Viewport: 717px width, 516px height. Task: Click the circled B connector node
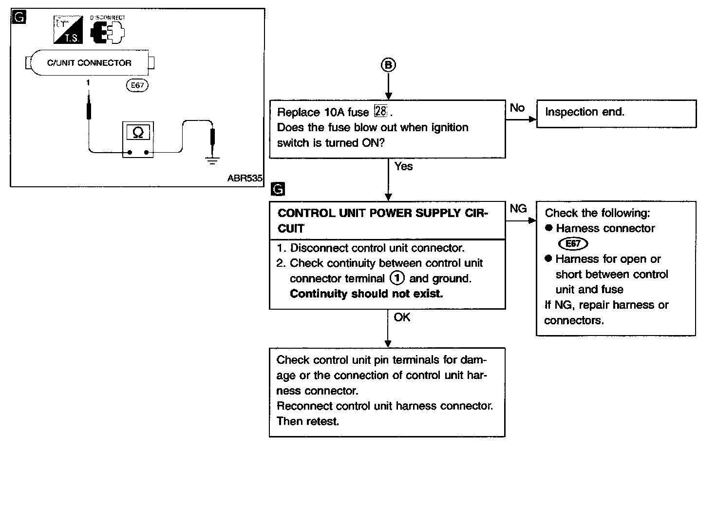(x=388, y=65)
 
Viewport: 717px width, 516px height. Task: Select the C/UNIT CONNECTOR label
(x=89, y=63)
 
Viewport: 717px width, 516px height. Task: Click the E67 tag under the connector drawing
(x=137, y=85)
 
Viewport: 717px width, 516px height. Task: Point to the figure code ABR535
(x=245, y=178)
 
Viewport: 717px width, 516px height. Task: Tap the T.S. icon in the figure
(x=68, y=30)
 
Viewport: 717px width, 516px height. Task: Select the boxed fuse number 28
(x=380, y=112)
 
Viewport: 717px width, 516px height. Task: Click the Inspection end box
(x=616, y=114)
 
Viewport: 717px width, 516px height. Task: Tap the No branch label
(x=517, y=107)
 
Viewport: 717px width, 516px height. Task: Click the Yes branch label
(x=403, y=166)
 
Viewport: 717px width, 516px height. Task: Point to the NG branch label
(x=518, y=209)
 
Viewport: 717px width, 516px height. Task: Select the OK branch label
(x=402, y=318)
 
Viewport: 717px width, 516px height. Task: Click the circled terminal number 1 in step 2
(x=397, y=278)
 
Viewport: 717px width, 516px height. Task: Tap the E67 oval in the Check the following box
(x=573, y=243)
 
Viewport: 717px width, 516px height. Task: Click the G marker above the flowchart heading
(x=277, y=189)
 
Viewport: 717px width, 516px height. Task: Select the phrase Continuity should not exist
(x=366, y=294)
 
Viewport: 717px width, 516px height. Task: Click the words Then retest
(x=307, y=421)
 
